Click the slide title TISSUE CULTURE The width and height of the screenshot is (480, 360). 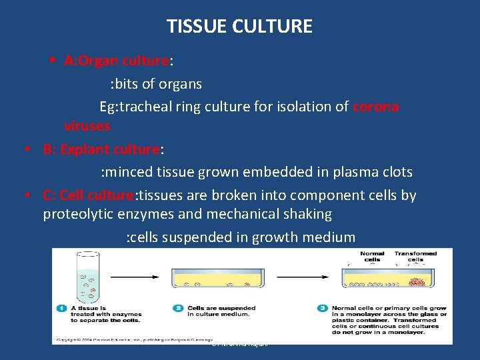click(239, 27)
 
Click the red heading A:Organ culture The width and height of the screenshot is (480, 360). click(117, 61)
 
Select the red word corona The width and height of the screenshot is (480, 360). click(375, 107)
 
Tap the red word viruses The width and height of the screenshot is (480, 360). click(87, 125)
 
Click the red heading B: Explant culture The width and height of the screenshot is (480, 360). click(101, 149)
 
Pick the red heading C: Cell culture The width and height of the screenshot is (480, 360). click(88, 195)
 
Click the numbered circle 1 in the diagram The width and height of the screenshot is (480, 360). click(61, 309)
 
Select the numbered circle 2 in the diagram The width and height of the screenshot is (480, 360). click(178, 309)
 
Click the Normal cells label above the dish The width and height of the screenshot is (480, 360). click(372, 257)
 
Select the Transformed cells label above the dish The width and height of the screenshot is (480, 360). click(415, 257)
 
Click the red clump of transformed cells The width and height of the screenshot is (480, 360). click(419, 279)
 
